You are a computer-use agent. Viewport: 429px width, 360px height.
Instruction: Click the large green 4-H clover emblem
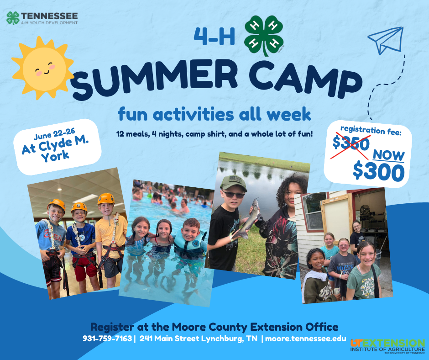(264, 35)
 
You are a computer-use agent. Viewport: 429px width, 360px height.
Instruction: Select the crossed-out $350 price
(351, 144)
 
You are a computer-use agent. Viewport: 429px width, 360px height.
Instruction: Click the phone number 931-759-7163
(107, 339)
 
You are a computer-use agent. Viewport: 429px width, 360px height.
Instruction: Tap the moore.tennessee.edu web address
(306, 339)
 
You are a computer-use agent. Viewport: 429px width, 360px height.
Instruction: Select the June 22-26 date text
(54, 134)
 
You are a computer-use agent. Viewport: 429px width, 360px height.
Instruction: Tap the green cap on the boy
(233, 183)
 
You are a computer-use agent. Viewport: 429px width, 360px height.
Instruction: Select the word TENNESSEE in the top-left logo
(49, 16)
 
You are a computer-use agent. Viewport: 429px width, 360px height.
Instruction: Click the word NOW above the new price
(388, 156)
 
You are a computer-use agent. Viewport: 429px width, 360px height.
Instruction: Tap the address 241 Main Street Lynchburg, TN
(199, 339)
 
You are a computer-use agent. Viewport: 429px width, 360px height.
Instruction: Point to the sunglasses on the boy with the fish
(233, 195)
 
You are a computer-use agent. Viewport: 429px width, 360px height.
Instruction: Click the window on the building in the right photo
(314, 211)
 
